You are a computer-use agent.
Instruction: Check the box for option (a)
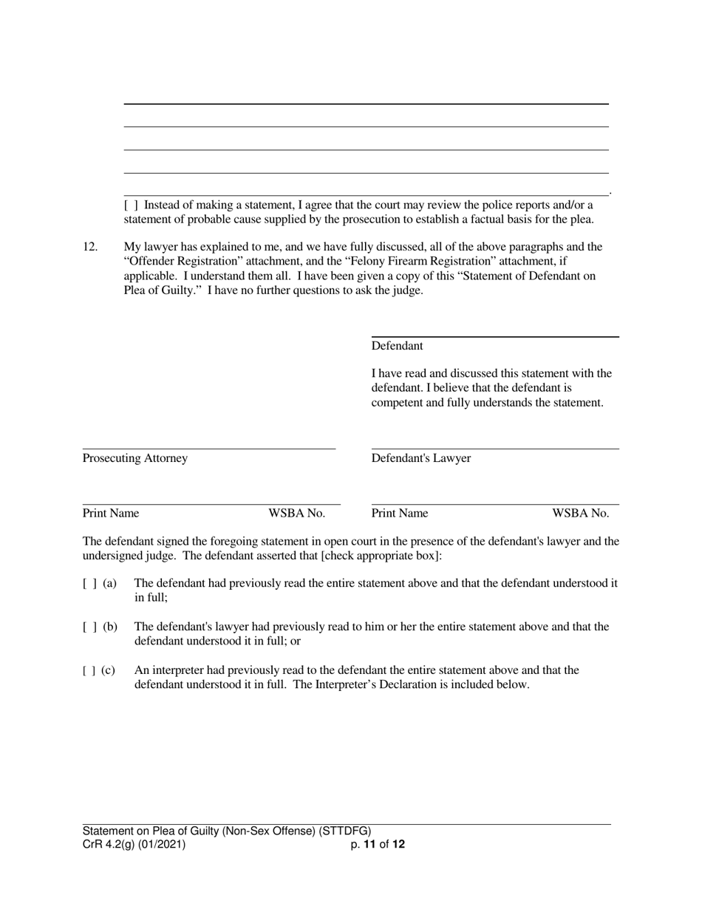click(x=90, y=583)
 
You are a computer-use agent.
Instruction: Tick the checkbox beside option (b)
click(x=90, y=627)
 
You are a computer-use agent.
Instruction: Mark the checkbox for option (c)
click(x=90, y=670)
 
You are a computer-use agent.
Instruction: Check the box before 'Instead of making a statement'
click(x=131, y=205)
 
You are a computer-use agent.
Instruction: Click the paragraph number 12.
click(x=90, y=247)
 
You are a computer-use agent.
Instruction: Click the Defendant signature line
click(x=495, y=336)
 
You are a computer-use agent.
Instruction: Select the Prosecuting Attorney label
click(x=135, y=458)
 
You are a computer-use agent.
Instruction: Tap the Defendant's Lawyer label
click(x=421, y=458)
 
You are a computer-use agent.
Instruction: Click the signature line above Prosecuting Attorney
click(x=209, y=448)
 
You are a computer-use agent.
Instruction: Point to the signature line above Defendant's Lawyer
click(x=495, y=448)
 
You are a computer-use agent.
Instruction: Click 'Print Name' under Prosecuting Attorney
click(x=111, y=513)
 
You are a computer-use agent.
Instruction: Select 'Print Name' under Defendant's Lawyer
click(x=400, y=513)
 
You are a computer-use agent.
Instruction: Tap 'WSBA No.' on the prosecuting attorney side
click(x=296, y=513)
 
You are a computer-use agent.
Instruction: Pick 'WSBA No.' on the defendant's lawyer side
click(x=581, y=513)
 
